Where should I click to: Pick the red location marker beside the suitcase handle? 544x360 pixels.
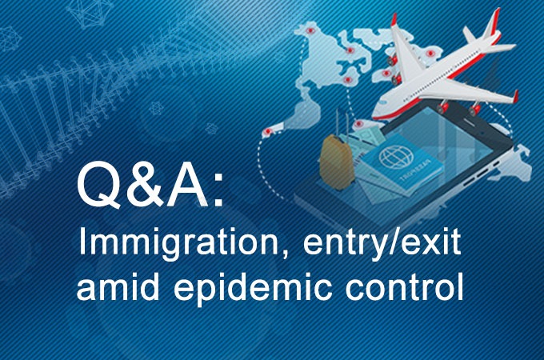click(x=361, y=125)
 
